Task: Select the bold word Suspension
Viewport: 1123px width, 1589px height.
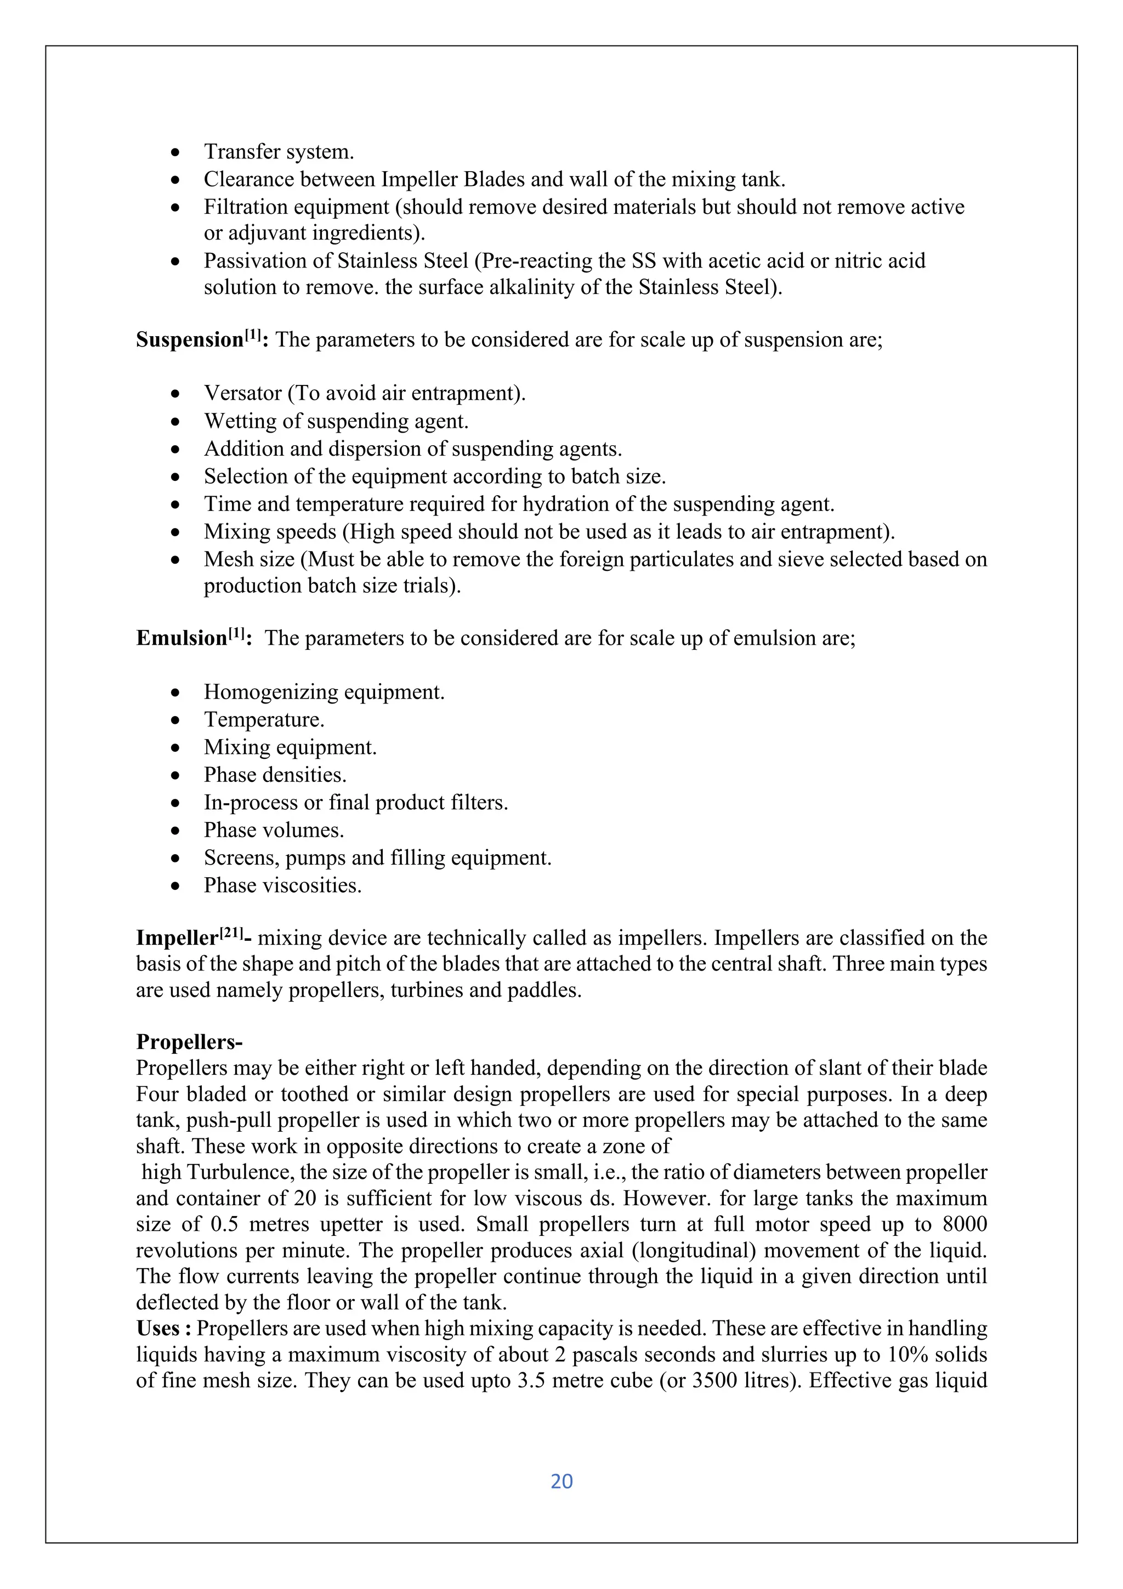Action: click(x=189, y=340)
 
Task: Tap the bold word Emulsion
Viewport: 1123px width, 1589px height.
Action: click(x=182, y=638)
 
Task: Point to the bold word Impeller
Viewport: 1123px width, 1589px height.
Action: click(x=177, y=938)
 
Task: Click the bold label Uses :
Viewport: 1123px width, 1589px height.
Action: click(x=163, y=1328)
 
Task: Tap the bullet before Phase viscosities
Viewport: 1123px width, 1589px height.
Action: click(x=177, y=886)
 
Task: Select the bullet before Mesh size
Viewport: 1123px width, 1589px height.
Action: click(x=177, y=560)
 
